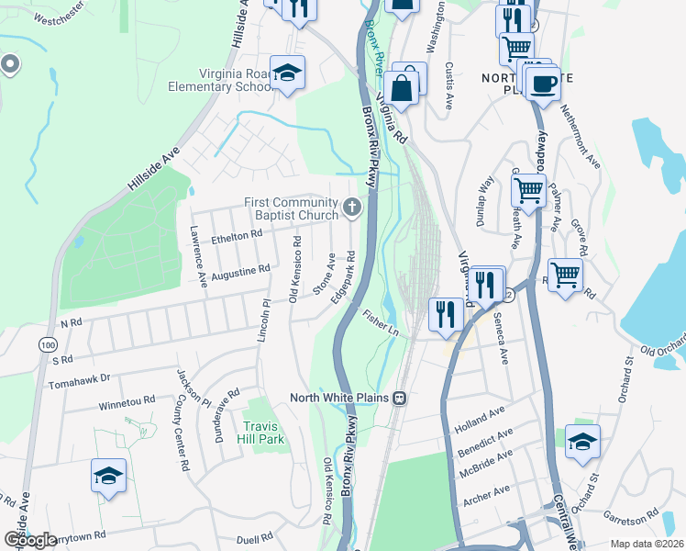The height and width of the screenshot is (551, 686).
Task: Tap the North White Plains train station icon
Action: pyautogui.click(x=400, y=398)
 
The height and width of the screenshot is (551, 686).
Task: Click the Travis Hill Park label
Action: pyautogui.click(x=264, y=432)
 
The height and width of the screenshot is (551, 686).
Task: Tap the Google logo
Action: pyautogui.click(x=30, y=539)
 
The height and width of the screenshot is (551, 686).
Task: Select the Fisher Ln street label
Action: pyautogui.click(x=381, y=325)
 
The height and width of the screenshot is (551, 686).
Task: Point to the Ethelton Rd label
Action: pyautogui.click(x=238, y=235)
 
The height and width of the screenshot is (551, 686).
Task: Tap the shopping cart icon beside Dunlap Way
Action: pyautogui.click(x=529, y=191)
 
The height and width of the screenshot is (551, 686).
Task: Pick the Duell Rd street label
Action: pyautogui.click(x=254, y=537)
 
